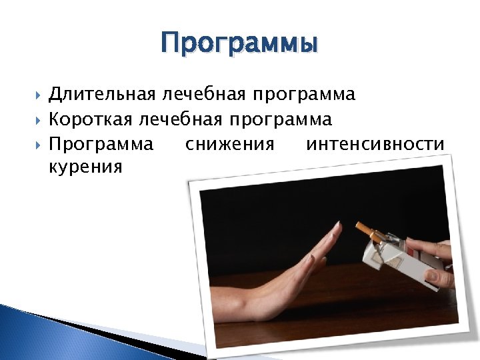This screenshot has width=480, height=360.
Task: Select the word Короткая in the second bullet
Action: (x=91, y=119)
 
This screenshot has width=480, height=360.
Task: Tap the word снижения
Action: (x=229, y=143)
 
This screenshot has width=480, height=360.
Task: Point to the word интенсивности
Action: (x=375, y=143)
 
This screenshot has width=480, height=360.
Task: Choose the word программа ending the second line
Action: (x=281, y=121)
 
